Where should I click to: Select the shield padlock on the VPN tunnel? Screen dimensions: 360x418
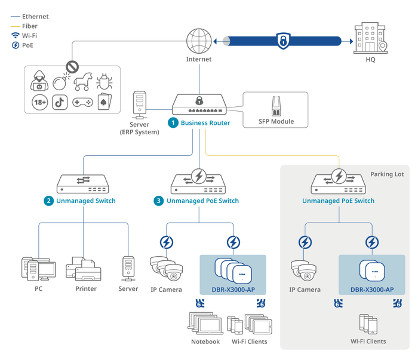coord(281,41)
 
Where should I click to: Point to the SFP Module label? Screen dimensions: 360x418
coord(276,121)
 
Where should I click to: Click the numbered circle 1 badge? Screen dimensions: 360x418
coord(173,122)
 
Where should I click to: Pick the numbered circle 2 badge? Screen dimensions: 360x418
coord(48,201)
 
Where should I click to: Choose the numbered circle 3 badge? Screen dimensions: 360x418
coord(158,201)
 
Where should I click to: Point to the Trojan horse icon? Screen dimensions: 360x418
coord(82,82)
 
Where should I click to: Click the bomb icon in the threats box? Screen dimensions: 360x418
coord(60,82)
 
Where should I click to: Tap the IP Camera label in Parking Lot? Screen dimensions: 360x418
coord(305,290)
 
